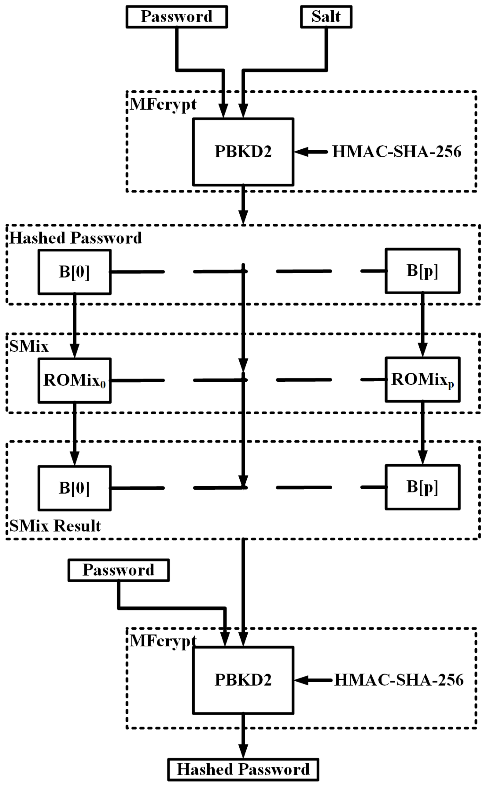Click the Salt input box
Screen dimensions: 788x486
click(326, 17)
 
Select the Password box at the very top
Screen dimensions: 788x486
click(177, 17)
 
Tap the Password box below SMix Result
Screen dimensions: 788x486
click(118, 570)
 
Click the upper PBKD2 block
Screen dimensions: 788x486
click(243, 152)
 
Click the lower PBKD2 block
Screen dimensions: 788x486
click(243, 680)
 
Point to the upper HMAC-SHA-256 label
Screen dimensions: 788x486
click(396, 152)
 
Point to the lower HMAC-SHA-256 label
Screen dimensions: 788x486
click(399, 680)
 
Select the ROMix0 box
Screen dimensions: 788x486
click(74, 380)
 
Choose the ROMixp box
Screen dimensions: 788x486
click(422, 379)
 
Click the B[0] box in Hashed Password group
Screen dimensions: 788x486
click(74, 272)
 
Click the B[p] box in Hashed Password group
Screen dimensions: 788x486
click(422, 271)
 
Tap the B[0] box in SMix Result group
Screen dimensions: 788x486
click(74, 488)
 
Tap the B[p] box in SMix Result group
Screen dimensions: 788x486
click(422, 487)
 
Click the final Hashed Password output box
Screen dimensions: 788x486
click(243, 770)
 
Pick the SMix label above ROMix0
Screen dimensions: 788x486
click(29, 347)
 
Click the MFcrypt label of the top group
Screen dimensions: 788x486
click(163, 104)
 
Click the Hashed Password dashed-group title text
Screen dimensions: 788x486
click(76, 238)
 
